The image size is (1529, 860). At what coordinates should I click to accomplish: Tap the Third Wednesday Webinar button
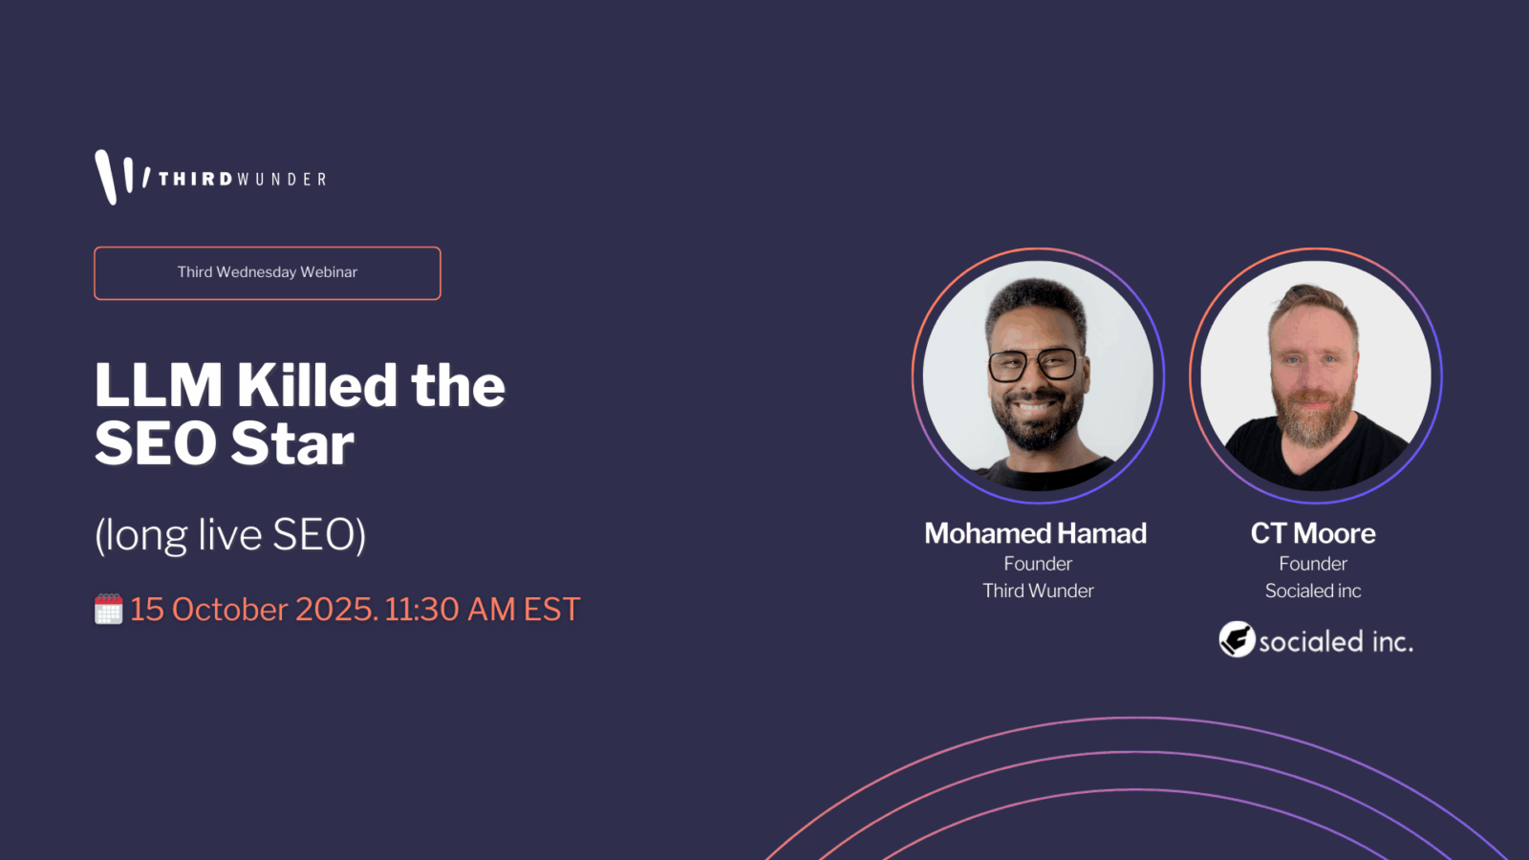[x=268, y=273]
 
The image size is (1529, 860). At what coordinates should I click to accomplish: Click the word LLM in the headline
[x=158, y=386]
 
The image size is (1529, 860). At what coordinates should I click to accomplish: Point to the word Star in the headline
[x=292, y=443]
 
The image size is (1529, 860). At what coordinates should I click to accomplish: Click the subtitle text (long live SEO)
[x=230, y=534]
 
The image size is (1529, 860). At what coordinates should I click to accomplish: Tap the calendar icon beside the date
[x=109, y=609]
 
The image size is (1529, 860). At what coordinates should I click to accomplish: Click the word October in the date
[x=229, y=609]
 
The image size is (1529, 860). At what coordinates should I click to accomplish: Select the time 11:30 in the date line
[x=421, y=609]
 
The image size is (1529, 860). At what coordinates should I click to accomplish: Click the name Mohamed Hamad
[x=1036, y=533]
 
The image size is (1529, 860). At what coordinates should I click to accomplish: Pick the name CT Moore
[x=1313, y=533]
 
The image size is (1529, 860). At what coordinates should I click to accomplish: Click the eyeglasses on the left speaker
[x=1032, y=365]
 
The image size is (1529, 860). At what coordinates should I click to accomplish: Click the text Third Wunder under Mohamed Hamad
[x=1038, y=591]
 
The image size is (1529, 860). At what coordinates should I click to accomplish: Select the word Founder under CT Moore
[x=1313, y=564]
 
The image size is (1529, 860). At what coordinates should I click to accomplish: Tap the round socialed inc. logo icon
[x=1237, y=639]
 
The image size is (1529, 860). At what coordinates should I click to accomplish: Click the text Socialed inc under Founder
[x=1313, y=591]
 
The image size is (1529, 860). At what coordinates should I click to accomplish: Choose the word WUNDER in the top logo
[x=281, y=180]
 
